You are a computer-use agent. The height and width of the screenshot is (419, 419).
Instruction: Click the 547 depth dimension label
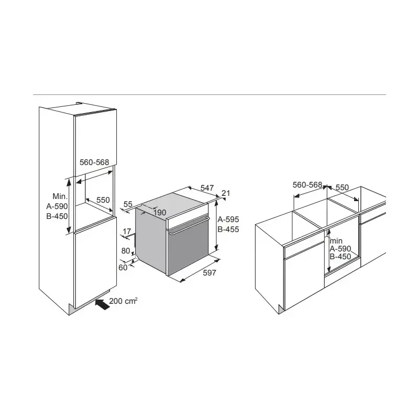(207, 188)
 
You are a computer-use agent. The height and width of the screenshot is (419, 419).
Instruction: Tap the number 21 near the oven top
(226, 193)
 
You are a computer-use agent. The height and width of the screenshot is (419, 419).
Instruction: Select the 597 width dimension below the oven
(210, 272)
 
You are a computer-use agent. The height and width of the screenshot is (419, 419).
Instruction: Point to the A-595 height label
(228, 219)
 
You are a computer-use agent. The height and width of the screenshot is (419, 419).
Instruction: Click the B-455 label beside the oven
(228, 229)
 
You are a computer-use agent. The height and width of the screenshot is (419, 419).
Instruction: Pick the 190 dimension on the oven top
(160, 213)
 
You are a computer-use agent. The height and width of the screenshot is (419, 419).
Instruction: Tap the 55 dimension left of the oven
(128, 204)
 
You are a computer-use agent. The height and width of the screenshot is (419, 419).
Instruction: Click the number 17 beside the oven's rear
(127, 231)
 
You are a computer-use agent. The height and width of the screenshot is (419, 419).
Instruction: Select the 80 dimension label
(126, 251)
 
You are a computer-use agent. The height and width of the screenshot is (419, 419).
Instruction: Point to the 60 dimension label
(123, 267)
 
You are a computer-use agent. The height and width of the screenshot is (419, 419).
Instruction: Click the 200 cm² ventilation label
(124, 301)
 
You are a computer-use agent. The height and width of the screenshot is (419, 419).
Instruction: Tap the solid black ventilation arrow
(103, 304)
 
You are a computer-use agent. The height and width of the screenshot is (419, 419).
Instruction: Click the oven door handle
(189, 226)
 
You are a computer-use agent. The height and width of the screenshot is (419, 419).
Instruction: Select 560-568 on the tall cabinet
(94, 162)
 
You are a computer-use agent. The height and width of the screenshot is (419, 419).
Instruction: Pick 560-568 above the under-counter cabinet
(307, 185)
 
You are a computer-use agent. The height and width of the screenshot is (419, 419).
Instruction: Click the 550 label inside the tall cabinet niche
(103, 200)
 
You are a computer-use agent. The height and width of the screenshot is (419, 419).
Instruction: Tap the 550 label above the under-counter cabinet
(343, 188)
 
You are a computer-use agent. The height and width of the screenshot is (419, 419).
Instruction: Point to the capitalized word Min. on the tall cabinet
(60, 196)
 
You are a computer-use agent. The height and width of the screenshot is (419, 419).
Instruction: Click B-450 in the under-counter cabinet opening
(340, 257)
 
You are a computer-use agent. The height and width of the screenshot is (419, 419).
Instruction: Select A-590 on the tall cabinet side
(57, 206)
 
